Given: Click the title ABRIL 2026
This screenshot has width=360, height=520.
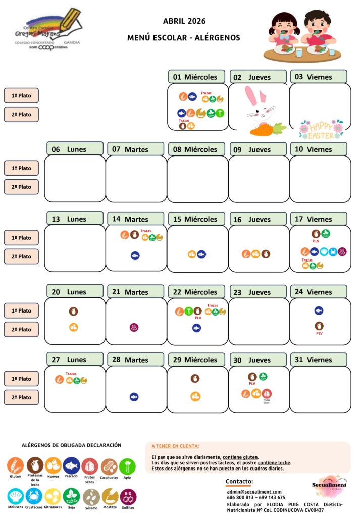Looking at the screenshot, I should pyautogui.click(x=184, y=21).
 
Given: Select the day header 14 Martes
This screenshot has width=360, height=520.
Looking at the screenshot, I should pyautogui.click(x=135, y=219).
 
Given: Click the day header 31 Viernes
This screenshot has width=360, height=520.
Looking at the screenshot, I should pyautogui.click(x=319, y=359).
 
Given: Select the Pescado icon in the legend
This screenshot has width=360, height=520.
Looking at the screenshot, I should pyautogui.click(x=71, y=465).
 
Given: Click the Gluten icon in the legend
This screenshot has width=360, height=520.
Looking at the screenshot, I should pyautogui.click(x=16, y=465).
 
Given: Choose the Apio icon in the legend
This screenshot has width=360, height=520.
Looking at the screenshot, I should pyautogui.click(x=127, y=465).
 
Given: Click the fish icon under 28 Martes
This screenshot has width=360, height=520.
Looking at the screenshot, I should pyautogui.click(x=134, y=397).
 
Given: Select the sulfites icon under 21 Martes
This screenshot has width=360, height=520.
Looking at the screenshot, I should pyautogui.click(x=134, y=327).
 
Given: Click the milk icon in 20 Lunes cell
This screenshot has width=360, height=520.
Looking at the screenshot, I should pyautogui.click(x=73, y=311).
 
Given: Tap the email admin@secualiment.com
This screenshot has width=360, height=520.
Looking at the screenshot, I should pyautogui.click(x=254, y=491).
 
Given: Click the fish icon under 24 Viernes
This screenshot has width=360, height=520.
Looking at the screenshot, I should pyautogui.click(x=319, y=310).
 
